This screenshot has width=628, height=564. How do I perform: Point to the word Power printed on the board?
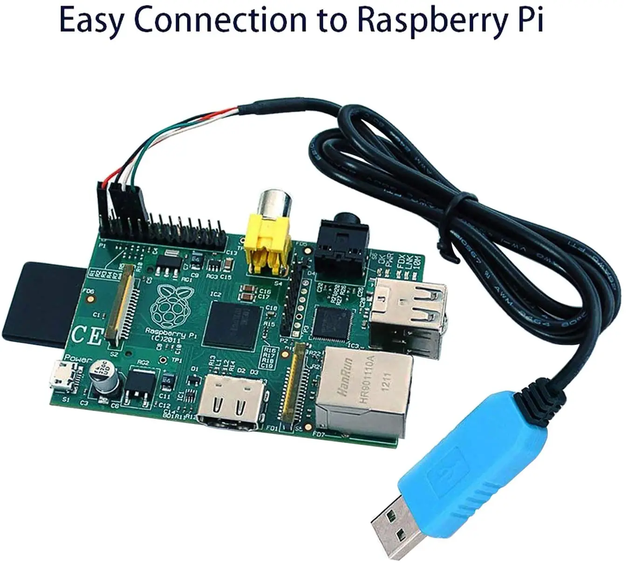[x=77, y=359]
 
